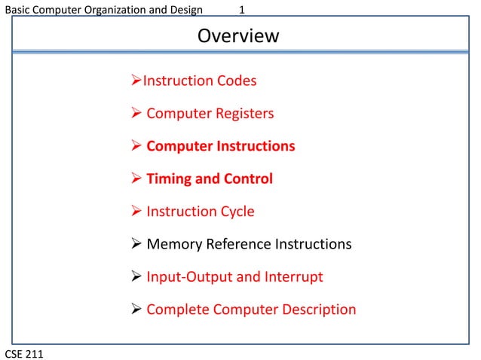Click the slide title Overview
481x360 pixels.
pos(238,35)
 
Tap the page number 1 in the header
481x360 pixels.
pos(241,11)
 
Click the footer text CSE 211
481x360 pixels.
pos(23,352)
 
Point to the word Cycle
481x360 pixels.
pos(234,212)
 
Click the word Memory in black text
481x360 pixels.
pos(175,245)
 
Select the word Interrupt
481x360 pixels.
pos(295,277)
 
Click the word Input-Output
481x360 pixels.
pos(188,277)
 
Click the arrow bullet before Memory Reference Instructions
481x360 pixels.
pos(136,245)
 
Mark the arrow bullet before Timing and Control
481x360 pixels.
pos(136,179)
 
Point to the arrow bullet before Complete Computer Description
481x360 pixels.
pos(136,310)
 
